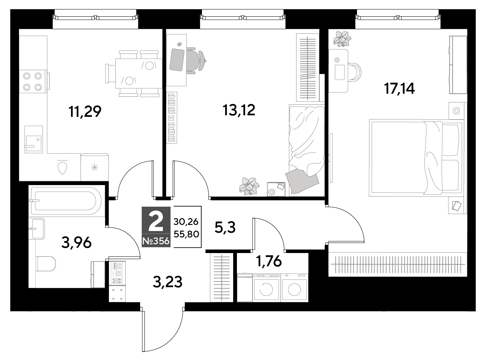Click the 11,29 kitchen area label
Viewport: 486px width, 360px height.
coord(85,112)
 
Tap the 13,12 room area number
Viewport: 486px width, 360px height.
coord(239,110)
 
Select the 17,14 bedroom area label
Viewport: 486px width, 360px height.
coord(399,89)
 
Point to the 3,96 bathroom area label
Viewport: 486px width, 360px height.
coord(76,243)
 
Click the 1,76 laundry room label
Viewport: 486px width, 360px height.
coord(269,261)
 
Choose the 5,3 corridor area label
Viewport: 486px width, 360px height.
coord(225,227)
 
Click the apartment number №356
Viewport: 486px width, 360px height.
coord(156,241)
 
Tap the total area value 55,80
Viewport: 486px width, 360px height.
coord(186,234)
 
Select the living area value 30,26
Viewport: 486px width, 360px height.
coord(186,222)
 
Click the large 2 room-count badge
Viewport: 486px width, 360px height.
coord(156,222)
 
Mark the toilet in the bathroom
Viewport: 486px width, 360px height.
coord(46,264)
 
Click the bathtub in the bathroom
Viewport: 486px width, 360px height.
coord(66,201)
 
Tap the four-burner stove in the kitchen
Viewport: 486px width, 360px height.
coord(33,82)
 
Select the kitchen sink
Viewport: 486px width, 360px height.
coord(33,139)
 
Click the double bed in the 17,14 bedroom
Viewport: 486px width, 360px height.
coord(416,158)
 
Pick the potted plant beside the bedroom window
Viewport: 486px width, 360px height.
coord(342,39)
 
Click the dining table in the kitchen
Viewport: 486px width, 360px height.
coord(139,74)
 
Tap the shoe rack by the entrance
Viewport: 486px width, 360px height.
coord(117,273)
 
